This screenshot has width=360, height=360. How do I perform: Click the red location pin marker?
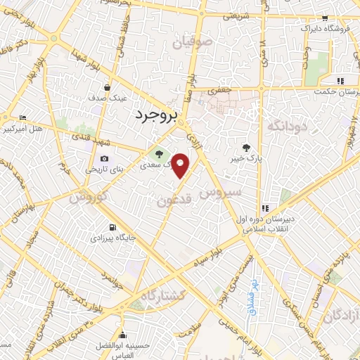[181, 164]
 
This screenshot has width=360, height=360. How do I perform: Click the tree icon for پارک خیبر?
[246, 148]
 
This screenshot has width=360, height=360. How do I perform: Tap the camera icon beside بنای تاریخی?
[105, 158]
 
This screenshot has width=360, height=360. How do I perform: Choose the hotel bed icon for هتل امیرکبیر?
[23, 117]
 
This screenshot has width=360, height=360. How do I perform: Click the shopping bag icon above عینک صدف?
[107, 88]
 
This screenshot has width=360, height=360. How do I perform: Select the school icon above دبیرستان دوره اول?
[265, 208]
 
